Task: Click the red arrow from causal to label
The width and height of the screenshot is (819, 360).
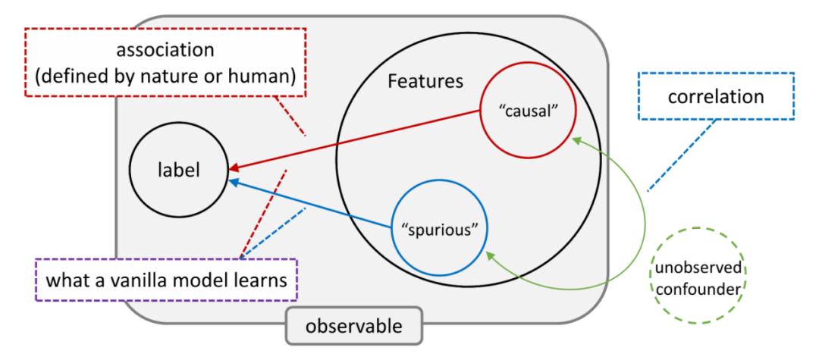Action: pyautogui.click(x=356, y=138)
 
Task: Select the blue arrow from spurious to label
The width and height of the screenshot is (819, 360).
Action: pyautogui.click(x=311, y=202)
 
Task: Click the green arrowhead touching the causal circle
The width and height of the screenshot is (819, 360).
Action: pyautogui.click(x=577, y=139)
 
